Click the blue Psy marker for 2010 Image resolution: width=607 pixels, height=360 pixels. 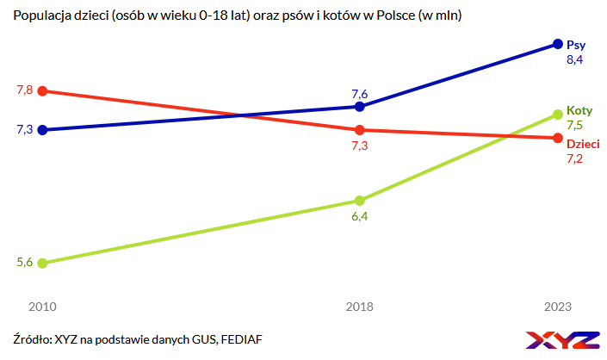coord(43,130)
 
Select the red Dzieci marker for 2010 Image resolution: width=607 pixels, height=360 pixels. coord(43,90)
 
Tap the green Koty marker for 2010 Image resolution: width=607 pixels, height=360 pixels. coord(43,263)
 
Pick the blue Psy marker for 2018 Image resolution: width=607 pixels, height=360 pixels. coord(360,107)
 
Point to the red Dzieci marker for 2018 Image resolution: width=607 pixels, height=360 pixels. coord(360,130)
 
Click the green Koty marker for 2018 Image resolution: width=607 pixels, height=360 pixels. coord(360,201)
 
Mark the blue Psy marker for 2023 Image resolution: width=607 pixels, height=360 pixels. coord(558,44)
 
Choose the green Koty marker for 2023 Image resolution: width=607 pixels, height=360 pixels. coord(558,114)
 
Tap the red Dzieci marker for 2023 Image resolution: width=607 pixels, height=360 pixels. coord(558,138)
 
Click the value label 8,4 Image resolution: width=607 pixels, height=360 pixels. coord(574,60)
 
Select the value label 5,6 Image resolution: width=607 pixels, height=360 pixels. coord(24,263)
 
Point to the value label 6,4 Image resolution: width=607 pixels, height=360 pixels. coord(360,216)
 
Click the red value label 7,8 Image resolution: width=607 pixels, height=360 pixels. coord(24,90)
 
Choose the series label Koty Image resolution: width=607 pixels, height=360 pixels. coord(579,111)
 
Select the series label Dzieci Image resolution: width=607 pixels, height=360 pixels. coord(583,144)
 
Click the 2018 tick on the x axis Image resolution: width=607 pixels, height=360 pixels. coord(360,306)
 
